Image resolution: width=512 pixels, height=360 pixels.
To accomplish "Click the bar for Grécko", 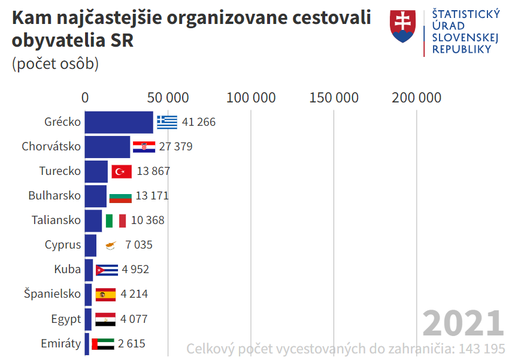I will pyautogui.click(x=119, y=122).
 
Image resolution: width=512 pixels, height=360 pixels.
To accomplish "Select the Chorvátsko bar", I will pyautogui.click(x=107, y=147).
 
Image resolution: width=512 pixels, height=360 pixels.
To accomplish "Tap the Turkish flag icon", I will pyautogui.click(x=122, y=171).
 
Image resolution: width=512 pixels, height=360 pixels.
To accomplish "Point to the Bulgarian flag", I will pyautogui.click(x=120, y=196).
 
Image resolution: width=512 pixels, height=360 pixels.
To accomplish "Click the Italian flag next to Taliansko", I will pyautogui.click(x=116, y=220).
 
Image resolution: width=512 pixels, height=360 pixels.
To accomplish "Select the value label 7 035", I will pyautogui.click(x=138, y=245).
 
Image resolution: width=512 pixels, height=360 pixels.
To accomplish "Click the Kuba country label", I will pyautogui.click(x=67, y=270).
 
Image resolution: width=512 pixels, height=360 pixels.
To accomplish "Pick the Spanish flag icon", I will pyautogui.click(x=105, y=294).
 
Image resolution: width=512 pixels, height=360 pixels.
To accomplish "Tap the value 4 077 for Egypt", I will pyautogui.click(x=134, y=319).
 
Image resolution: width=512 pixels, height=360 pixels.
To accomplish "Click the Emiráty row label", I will pyautogui.click(x=60, y=344).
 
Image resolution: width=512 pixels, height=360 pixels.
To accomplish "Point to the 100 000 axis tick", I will pyautogui.click(x=251, y=98).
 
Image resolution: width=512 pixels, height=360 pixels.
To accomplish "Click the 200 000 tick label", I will pyautogui.click(x=417, y=98).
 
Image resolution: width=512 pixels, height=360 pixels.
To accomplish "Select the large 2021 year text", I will pyautogui.click(x=463, y=323).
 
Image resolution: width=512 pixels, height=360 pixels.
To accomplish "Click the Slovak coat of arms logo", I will pyautogui.click(x=402, y=26).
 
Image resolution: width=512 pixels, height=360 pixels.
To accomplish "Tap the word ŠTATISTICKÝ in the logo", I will pyautogui.click(x=466, y=14).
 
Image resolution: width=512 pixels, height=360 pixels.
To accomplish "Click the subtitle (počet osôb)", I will pyautogui.click(x=55, y=63).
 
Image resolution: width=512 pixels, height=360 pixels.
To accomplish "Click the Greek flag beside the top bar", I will pyautogui.click(x=167, y=122).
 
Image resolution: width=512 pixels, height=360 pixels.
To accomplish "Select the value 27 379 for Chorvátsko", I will pyautogui.click(x=175, y=147).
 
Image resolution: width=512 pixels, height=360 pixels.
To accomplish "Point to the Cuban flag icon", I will pyautogui.click(x=107, y=270).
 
